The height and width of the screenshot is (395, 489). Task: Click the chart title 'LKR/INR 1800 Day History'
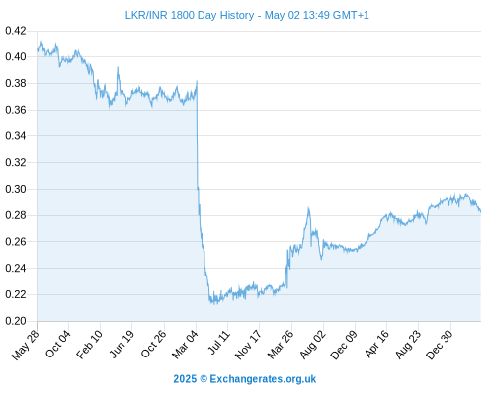click(190, 15)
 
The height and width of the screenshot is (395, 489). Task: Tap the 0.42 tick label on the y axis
click(16, 31)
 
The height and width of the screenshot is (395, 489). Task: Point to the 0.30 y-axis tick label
click(16, 189)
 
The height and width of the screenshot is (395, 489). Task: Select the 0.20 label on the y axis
click(16, 321)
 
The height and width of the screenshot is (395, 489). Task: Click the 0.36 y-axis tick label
click(16, 110)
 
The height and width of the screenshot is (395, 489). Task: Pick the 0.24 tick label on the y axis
click(16, 268)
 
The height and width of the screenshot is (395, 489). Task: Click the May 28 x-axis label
click(26, 345)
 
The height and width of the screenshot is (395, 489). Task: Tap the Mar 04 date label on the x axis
click(185, 344)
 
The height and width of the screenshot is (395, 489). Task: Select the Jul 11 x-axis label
click(219, 342)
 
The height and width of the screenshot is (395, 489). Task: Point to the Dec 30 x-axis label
click(440, 345)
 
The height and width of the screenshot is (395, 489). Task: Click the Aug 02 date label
click(312, 345)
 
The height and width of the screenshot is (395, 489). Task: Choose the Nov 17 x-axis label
click(248, 345)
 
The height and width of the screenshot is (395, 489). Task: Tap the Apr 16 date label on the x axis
click(376, 344)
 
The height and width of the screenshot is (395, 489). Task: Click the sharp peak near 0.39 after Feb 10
click(118, 67)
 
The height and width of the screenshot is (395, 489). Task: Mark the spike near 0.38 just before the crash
click(197, 81)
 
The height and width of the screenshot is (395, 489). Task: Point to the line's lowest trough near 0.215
click(214, 303)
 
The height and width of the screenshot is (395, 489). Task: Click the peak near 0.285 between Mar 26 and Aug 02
click(308, 208)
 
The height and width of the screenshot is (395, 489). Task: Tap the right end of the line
click(480, 211)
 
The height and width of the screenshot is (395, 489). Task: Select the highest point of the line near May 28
click(41, 41)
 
